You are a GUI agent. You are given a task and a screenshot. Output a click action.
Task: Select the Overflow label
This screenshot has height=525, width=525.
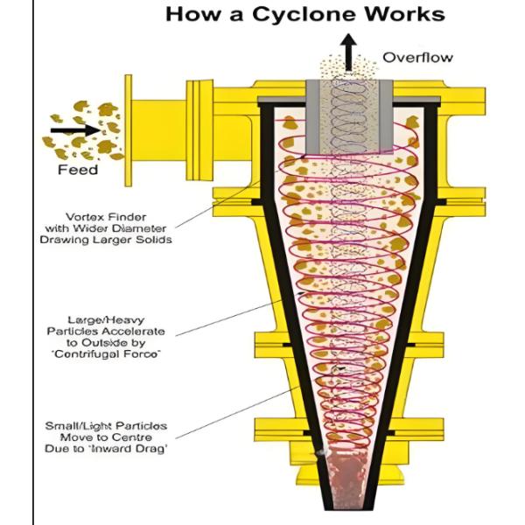click(417, 58)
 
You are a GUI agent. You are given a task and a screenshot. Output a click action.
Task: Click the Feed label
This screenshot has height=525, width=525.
click(78, 169)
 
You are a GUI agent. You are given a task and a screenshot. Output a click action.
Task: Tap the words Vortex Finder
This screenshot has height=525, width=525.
click(109, 216)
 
